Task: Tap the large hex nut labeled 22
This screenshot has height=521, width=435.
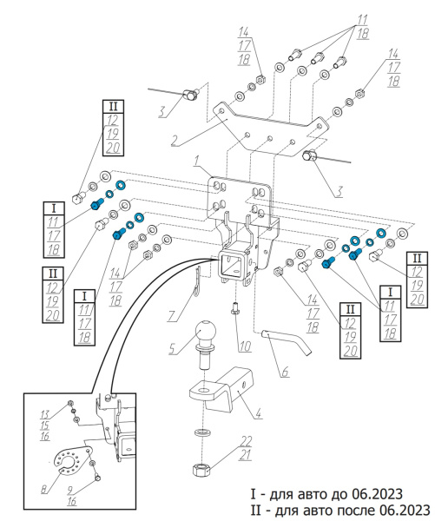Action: tap(201, 470)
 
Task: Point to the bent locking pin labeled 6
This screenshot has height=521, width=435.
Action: tap(287, 341)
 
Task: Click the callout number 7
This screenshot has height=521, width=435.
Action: tap(171, 316)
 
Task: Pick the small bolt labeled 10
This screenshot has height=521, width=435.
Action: tap(235, 307)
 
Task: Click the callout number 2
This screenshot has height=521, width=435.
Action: tap(175, 141)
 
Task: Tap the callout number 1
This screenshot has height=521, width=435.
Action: tap(197, 162)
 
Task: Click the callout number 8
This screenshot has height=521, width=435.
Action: tap(44, 489)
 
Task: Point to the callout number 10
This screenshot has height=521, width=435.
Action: tap(245, 346)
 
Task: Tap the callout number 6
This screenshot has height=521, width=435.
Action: tap(285, 372)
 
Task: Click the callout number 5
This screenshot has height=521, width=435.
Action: tap(172, 349)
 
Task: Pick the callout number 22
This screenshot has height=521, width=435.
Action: tap(246, 441)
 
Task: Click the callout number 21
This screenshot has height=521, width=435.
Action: tap(245, 455)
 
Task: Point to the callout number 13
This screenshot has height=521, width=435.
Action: tap(45, 414)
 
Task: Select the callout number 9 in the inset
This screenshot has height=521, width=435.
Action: tap(69, 490)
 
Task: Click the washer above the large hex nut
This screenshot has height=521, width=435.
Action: tap(200, 432)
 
